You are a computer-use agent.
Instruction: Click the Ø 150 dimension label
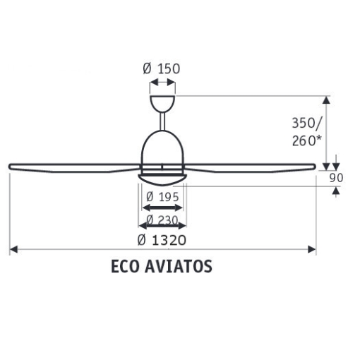tap(162, 68)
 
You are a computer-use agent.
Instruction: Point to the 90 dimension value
tap(336, 178)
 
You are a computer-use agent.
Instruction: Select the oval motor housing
tap(163, 148)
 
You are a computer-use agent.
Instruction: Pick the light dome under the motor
tap(163, 178)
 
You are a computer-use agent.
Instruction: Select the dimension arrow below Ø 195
tap(163, 208)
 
